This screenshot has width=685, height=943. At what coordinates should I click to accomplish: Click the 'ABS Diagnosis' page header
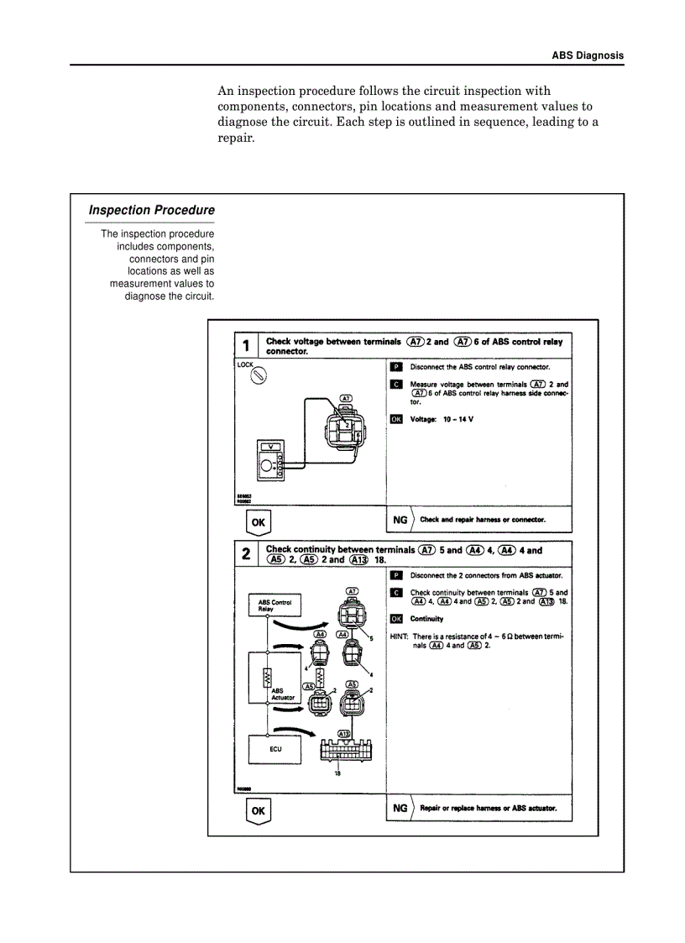point(587,55)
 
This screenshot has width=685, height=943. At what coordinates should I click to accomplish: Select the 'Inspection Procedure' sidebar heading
point(152,211)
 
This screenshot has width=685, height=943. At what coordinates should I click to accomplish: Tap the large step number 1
point(246,345)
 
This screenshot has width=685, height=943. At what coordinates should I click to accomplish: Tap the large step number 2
point(246,553)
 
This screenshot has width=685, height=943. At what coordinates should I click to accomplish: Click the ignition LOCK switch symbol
point(258,377)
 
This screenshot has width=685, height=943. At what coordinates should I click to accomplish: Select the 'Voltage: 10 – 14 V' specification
point(442,419)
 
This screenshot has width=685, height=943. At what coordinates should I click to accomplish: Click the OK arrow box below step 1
point(258,521)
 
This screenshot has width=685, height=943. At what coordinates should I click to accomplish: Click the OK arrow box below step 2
point(258,810)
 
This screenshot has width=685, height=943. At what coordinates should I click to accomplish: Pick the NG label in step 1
point(400,520)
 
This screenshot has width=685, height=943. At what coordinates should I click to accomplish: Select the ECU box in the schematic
point(275,749)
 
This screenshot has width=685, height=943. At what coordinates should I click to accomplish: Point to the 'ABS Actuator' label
point(283,694)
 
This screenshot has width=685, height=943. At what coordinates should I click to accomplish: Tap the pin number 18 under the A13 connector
point(337,773)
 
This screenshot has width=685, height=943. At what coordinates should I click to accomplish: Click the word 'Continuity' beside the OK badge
point(426,619)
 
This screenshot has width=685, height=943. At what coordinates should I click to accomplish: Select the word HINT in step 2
point(399,637)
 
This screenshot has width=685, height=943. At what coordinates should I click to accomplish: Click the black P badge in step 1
point(397,367)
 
